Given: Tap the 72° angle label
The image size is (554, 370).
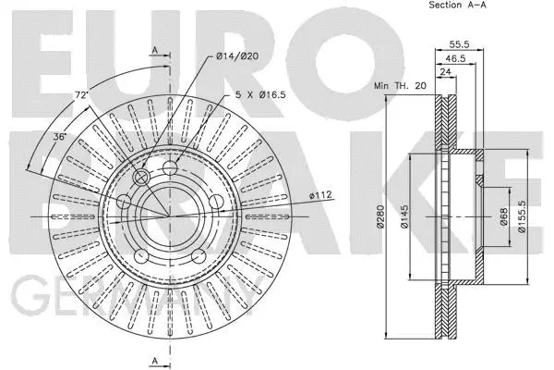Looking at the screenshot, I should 81,94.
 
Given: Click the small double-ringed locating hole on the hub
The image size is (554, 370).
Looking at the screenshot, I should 141,178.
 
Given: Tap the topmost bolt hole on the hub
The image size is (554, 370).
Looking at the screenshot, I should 171,167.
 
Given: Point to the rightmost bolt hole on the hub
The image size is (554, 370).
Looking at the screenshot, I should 214,202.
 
